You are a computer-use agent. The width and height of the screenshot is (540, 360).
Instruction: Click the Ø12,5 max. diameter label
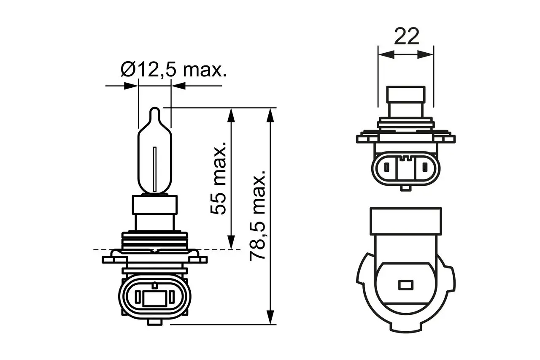click(x=173, y=69)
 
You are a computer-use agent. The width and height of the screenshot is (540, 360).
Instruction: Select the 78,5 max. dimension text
click(x=257, y=215)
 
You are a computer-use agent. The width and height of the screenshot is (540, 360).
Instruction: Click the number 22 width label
click(x=407, y=37)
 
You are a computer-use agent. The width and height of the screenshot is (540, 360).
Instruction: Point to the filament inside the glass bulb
click(x=155, y=168)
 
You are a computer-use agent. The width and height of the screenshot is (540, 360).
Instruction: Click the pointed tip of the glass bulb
click(x=155, y=111)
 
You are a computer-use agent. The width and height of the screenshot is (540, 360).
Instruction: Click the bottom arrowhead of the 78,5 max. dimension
click(x=270, y=317)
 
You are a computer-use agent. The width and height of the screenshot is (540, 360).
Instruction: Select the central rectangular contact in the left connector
click(x=154, y=299)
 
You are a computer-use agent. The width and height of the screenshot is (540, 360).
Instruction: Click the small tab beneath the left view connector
click(x=154, y=322)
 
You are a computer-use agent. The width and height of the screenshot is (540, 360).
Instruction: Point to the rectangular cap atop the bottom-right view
click(x=405, y=221)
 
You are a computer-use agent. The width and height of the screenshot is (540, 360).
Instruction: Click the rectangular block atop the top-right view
click(x=406, y=102)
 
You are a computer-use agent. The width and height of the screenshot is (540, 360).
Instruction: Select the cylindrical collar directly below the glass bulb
click(x=155, y=205)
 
